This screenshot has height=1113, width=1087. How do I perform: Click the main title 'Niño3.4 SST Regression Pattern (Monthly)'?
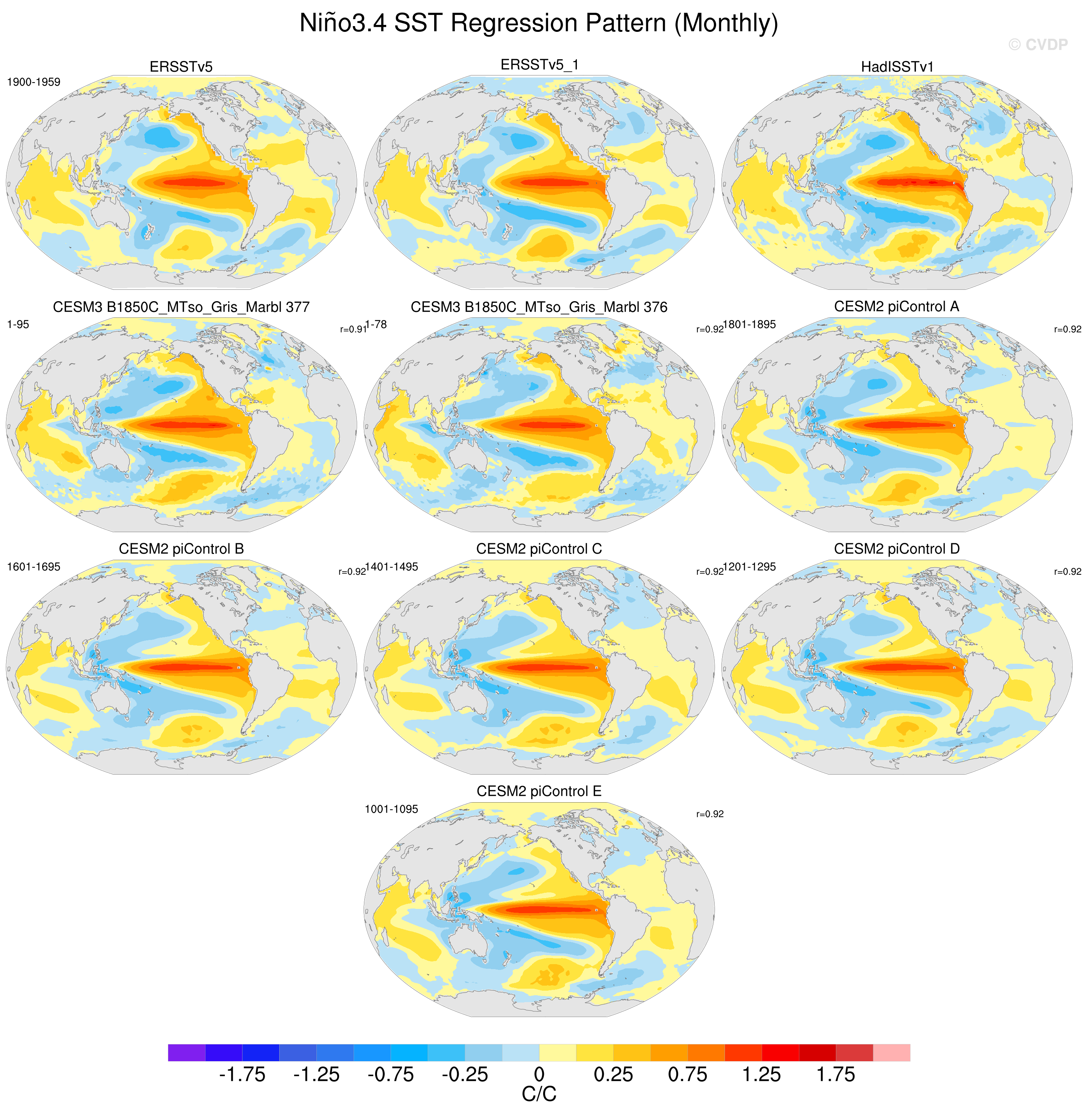[x=539, y=23]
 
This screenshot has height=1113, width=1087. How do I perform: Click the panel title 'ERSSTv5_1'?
[x=540, y=65]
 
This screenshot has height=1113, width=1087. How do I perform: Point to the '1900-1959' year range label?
[x=34, y=82]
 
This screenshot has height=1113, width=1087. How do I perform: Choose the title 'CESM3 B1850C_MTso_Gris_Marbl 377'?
[x=181, y=307]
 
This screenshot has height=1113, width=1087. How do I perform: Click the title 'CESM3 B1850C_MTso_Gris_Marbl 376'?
[x=539, y=307]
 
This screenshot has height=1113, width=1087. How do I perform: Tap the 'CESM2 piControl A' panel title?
[x=896, y=307]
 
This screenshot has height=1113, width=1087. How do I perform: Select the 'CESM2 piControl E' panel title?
[x=539, y=791]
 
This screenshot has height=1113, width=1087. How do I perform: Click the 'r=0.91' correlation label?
[x=352, y=330]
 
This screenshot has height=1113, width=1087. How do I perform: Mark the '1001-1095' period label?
[x=392, y=809]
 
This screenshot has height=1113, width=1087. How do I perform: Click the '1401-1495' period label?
[x=392, y=567]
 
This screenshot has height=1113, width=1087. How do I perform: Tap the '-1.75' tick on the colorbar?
[x=242, y=1075]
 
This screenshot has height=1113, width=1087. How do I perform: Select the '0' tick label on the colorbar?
[x=539, y=1075]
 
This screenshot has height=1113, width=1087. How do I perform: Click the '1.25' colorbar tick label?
[x=762, y=1075]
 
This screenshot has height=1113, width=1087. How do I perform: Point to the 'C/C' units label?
[x=539, y=1094]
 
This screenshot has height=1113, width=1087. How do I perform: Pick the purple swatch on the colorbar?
[x=187, y=1052]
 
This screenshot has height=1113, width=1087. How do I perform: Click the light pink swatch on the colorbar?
[x=892, y=1052]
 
